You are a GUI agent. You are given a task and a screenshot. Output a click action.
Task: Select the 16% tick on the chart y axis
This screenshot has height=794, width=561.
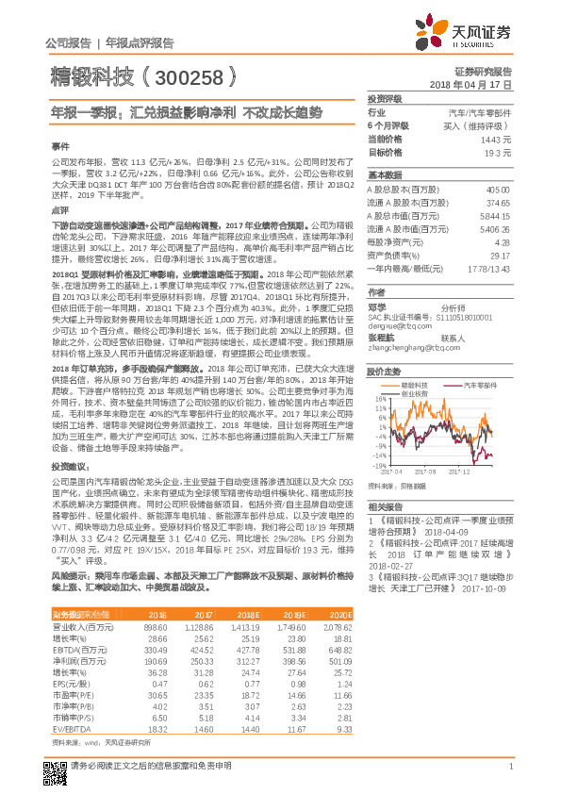[x=379, y=399]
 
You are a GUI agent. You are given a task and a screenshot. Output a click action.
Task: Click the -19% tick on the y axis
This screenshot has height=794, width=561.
[x=379, y=466]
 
